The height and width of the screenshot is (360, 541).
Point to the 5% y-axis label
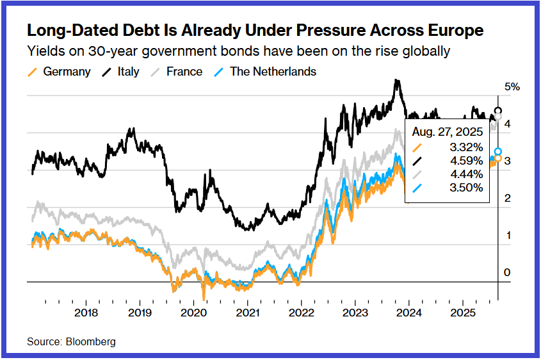coord(512,86)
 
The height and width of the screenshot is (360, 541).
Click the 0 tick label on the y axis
coord(508,273)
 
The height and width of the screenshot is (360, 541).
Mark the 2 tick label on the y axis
coord(508,199)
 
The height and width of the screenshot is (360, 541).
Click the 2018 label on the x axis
coord(86,313)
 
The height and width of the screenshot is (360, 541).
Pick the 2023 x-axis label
coord(355,313)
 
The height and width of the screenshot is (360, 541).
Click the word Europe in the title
coord(452,31)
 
